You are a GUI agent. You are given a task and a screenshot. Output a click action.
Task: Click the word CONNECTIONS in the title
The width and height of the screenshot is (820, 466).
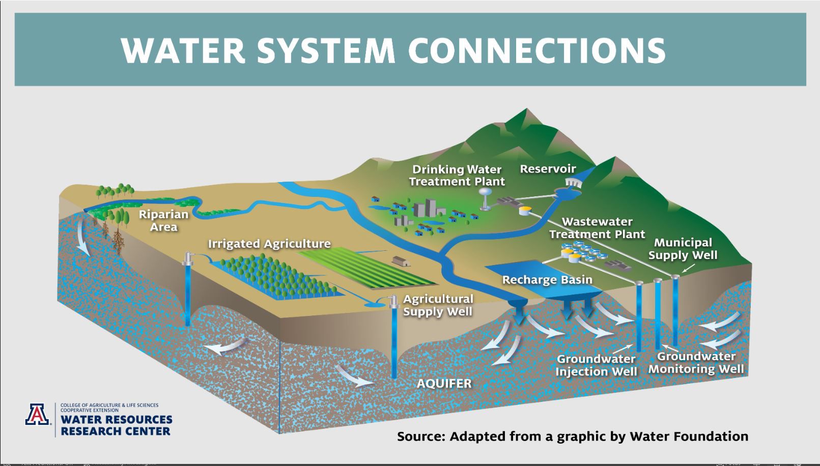(536, 50)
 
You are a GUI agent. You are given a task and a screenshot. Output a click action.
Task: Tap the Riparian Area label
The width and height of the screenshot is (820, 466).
(163, 220)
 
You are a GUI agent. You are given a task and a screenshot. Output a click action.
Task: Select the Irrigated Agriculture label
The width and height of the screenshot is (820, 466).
(269, 244)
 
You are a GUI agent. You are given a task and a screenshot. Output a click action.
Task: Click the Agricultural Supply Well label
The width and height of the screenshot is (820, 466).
(438, 305)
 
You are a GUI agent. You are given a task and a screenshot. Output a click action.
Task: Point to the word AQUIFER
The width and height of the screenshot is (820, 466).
(444, 384)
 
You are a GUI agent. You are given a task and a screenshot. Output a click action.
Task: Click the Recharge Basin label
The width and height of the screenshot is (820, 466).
(547, 280)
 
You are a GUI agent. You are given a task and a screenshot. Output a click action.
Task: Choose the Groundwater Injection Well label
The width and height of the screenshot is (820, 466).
(596, 365)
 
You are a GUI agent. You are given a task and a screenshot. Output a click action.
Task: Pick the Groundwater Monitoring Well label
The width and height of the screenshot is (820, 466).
(696, 363)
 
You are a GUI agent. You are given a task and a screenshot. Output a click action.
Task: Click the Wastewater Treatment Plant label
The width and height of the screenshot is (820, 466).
(597, 228)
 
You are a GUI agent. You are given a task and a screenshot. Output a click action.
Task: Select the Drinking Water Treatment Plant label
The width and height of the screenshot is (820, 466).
(457, 175)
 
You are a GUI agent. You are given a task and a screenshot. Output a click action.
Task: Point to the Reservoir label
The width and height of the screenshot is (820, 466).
(548, 169)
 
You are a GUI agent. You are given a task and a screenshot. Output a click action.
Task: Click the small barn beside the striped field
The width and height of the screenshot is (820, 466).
(401, 261)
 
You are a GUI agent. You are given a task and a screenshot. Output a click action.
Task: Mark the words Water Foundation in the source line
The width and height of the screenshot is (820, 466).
(689, 436)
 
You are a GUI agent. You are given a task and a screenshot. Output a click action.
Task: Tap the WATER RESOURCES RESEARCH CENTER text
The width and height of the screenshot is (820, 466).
(116, 425)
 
